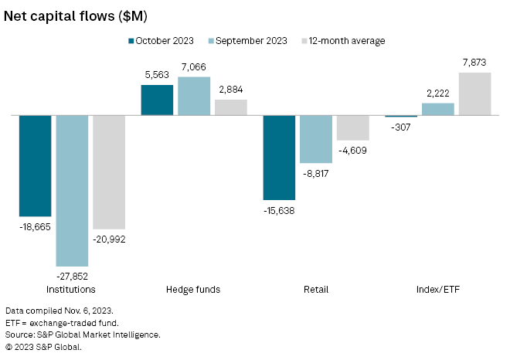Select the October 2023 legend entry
coord(165,40)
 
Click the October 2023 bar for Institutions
coord(36,165)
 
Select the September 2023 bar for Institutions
coord(72,190)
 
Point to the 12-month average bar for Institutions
coord(109,172)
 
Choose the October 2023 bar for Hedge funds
coord(157,100)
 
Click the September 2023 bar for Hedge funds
coord(194,96)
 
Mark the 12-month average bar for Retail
coord(353,127)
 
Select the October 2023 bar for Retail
coord(279,158)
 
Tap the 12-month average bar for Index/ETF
coord(474,93)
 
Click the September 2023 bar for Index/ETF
coord(438,109)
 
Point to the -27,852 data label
coord(72,275)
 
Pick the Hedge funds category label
coord(193,290)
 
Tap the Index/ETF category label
coord(437,290)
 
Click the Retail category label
coord(316,290)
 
